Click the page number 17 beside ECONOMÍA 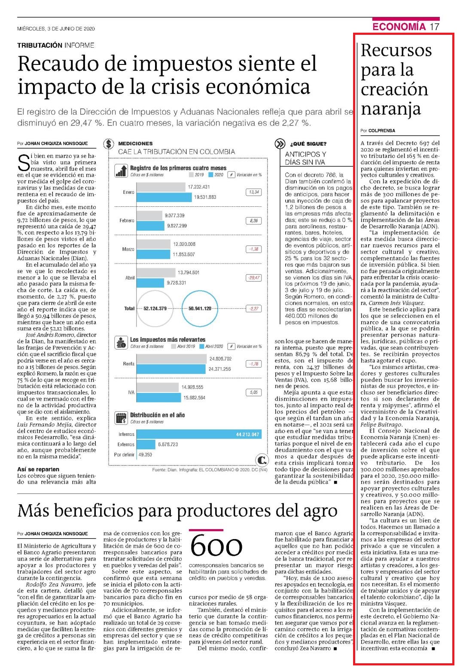434,27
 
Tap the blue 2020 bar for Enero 164,197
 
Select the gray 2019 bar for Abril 156,273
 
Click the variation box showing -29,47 253,278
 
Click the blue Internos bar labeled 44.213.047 199,434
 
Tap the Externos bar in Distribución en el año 146,444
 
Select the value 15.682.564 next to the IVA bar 194,398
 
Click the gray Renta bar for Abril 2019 171,359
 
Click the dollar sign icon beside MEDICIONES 109,144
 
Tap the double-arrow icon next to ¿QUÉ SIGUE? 280,144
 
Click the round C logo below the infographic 262,460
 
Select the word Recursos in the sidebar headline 396,50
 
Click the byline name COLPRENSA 382,131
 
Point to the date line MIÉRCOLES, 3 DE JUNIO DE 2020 56,29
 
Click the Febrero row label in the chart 127,221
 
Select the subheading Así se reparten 38,469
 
